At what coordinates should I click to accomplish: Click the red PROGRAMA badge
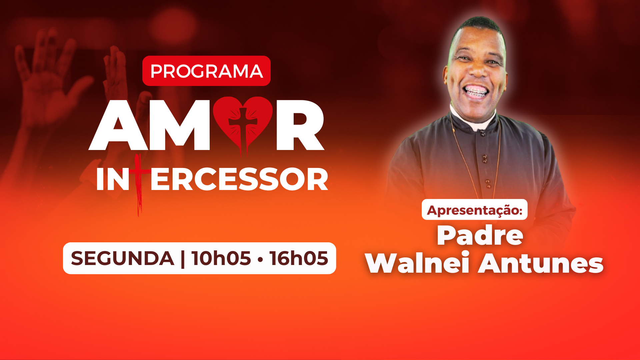[206, 71]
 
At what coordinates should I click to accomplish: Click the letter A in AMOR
[119, 125]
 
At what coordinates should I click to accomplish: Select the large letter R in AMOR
[300, 125]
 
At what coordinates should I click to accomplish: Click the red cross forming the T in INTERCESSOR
[139, 183]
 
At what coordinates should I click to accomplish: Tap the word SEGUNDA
[122, 259]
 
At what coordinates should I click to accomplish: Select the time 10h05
[221, 259]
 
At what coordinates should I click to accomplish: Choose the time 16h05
[299, 259]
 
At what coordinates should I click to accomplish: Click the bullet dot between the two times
[260, 259]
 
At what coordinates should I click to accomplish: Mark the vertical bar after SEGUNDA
[183, 259]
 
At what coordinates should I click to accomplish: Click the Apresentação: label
[475, 210]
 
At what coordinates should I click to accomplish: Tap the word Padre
[480, 236]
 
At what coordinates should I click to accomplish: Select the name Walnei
[418, 263]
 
